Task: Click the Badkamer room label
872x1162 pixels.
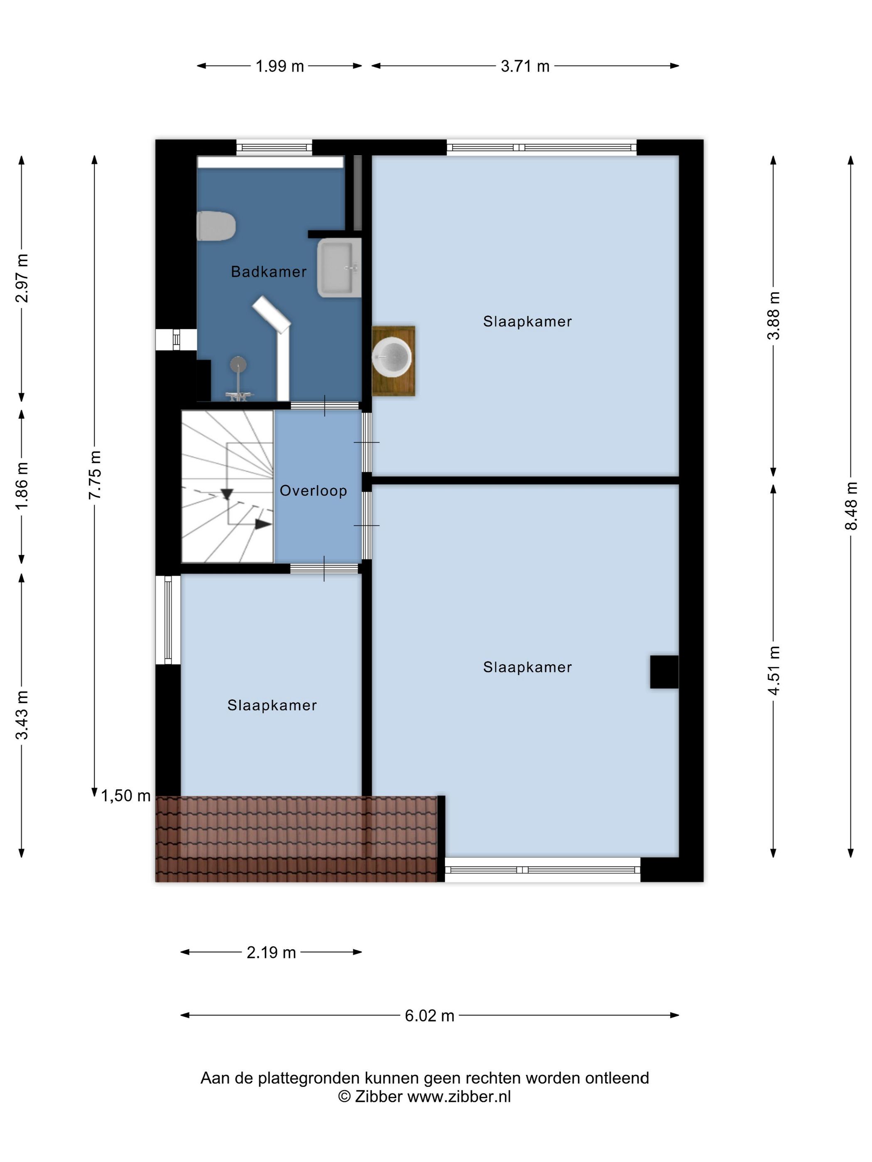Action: (x=269, y=271)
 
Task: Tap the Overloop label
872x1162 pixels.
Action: (x=313, y=491)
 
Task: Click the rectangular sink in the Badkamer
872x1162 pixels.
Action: (x=339, y=267)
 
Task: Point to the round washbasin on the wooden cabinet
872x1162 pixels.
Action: (x=392, y=358)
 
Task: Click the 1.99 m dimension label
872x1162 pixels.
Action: (x=279, y=66)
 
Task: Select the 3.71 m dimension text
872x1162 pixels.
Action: (x=525, y=66)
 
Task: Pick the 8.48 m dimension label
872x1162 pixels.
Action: (x=850, y=506)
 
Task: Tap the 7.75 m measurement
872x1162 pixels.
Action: (x=95, y=475)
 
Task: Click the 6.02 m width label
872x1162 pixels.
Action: (x=429, y=1016)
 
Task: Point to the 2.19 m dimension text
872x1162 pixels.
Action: (x=271, y=952)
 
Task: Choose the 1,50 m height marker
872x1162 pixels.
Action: (x=126, y=796)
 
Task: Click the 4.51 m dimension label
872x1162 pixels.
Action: (x=773, y=670)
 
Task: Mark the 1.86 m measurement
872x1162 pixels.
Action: (x=22, y=486)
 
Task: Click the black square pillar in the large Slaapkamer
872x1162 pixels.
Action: (x=664, y=672)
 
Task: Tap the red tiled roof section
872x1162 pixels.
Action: (x=296, y=839)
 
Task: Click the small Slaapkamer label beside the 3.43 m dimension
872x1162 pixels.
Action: (x=272, y=705)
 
